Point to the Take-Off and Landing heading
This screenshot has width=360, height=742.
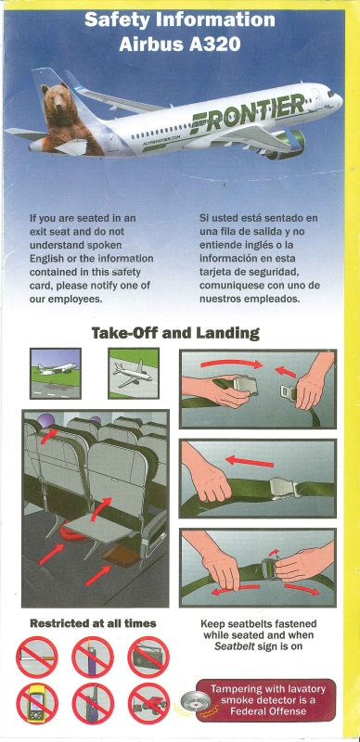click(175, 333)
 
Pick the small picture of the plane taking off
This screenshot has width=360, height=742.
click(56, 374)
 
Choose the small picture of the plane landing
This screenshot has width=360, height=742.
click(134, 374)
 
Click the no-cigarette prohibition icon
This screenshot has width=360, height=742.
click(37, 658)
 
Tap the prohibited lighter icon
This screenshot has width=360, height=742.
click(93, 658)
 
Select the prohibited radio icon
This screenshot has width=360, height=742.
click(148, 658)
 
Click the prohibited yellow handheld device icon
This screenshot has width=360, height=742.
click(37, 704)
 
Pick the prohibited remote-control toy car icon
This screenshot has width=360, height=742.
click(148, 704)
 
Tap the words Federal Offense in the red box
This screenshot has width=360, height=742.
click(265, 710)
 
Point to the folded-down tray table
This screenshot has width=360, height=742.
click(97, 529)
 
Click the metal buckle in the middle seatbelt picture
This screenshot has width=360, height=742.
click(284, 488)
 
